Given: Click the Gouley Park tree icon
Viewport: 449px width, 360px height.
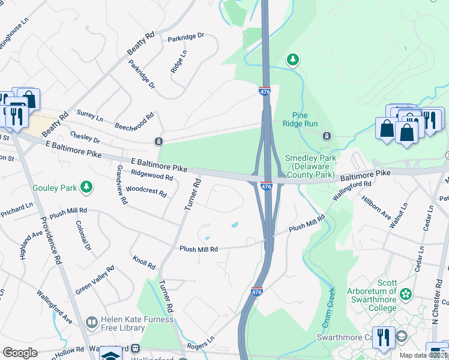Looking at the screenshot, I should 86,188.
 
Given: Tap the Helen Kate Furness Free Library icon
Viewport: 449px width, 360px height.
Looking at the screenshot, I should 91,323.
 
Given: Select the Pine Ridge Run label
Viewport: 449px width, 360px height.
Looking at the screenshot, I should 300,119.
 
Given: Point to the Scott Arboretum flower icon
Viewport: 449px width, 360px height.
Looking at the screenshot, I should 406,294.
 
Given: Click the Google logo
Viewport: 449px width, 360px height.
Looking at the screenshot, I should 20,353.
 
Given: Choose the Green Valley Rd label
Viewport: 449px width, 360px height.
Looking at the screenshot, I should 94,280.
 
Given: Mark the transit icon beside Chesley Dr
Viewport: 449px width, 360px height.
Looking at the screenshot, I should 158,142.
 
